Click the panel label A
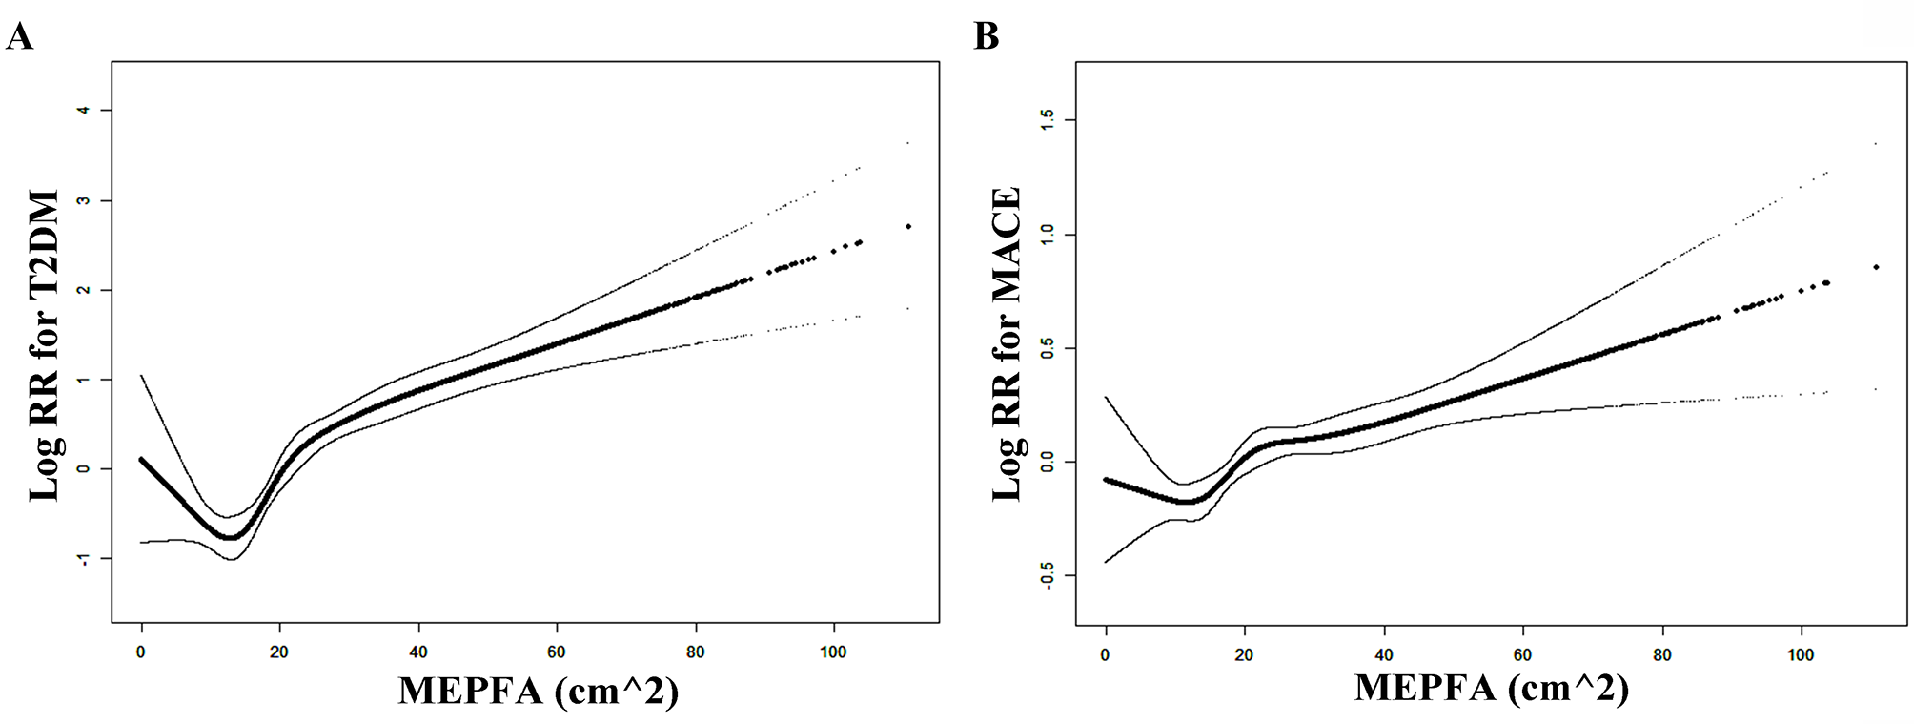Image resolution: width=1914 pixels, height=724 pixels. coord(20,36)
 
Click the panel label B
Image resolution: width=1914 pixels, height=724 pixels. coord(987,36)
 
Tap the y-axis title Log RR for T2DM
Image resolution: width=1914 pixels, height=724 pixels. coord(45,345)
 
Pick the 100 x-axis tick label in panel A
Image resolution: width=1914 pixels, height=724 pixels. coord(833,652)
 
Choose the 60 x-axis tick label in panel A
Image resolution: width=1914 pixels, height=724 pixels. coord(557,652)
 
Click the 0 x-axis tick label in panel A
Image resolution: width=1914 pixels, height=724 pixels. coord(141,652)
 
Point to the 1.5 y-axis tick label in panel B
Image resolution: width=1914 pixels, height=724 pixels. coord(1048,120)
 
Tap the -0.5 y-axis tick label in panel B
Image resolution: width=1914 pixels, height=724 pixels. coord(1048,575)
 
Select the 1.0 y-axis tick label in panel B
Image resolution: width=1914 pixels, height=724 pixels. coord(1048,235)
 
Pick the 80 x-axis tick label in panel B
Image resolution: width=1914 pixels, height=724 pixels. coord(1662,655)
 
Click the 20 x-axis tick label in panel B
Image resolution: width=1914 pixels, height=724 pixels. coord(1244,655)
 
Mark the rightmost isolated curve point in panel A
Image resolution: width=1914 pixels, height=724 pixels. coord(908,226)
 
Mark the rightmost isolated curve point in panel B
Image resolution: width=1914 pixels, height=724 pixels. coord(1876,267)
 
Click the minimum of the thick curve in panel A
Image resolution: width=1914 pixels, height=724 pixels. coord(231,537)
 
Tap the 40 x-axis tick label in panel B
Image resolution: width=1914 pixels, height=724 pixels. coord(1384,655)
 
